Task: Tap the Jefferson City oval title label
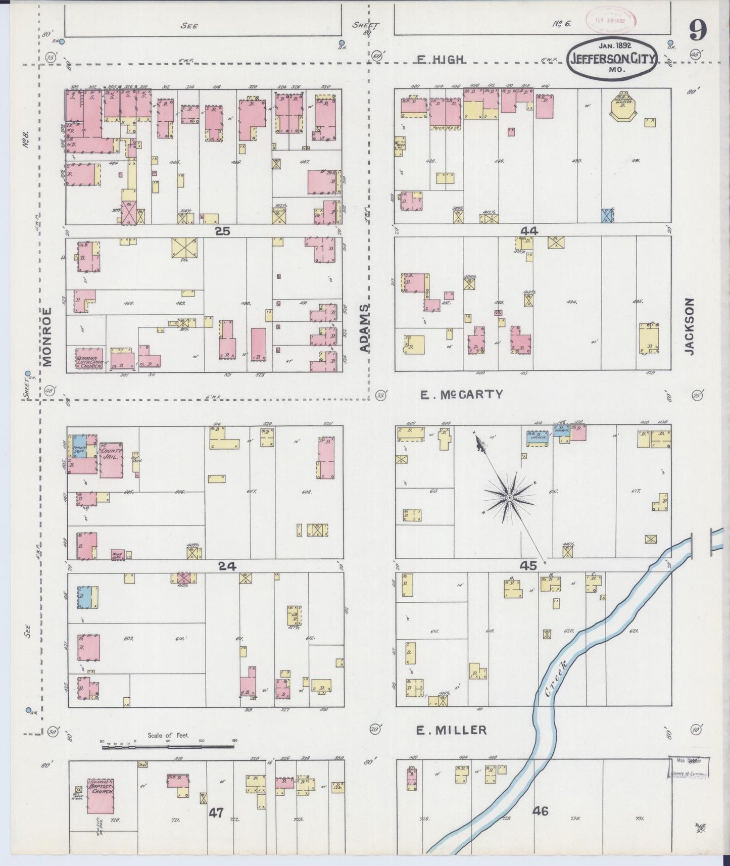click(x=612, y=59)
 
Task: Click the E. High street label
click(x=440, y=60)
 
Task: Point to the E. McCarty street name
click(x=461, y=395)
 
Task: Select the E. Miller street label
click(x=451, y=730)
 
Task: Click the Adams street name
click(x=365, y=328)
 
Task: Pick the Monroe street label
click(x=47, y=336)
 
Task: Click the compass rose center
click(x=509, y=498)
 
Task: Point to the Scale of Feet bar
click(x=169, y=741)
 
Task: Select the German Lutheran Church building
click(x=89, y=359)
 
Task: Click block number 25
click(x=222, y=231)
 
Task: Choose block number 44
click(x=529, y=231)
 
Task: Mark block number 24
click(x=227, y=566)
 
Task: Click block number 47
click(x=216, y=812)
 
